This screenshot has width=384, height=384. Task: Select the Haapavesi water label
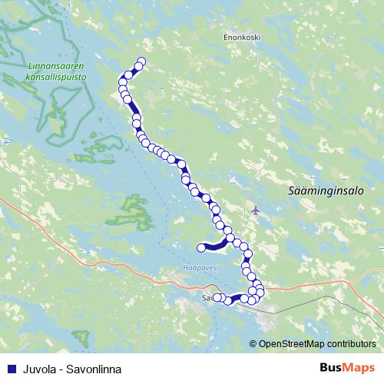201,267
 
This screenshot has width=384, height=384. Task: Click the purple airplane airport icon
255,210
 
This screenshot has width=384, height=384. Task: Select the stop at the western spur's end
201,247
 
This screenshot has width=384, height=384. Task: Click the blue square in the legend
8,369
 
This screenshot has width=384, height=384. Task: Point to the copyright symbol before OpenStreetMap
253,344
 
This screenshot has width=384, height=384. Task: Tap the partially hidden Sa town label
205,297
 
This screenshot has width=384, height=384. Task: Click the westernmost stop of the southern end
217,297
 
